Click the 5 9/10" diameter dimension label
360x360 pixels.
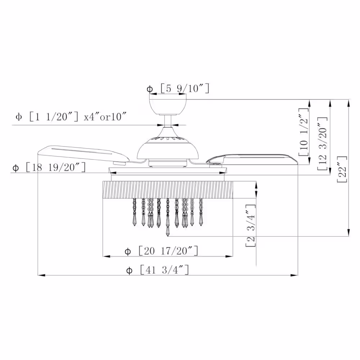(x=185, y=89)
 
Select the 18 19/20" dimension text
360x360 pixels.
(x=55, y=167)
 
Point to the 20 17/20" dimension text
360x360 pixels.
(x=168, y=251)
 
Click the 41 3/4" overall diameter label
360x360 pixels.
(x=165, y=270)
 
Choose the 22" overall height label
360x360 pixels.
(x=342, y=169)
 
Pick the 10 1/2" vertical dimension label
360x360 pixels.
(x=304, y=132)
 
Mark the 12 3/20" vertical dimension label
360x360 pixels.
(x=322, y=144)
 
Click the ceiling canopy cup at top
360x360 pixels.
(x=168, y=107)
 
